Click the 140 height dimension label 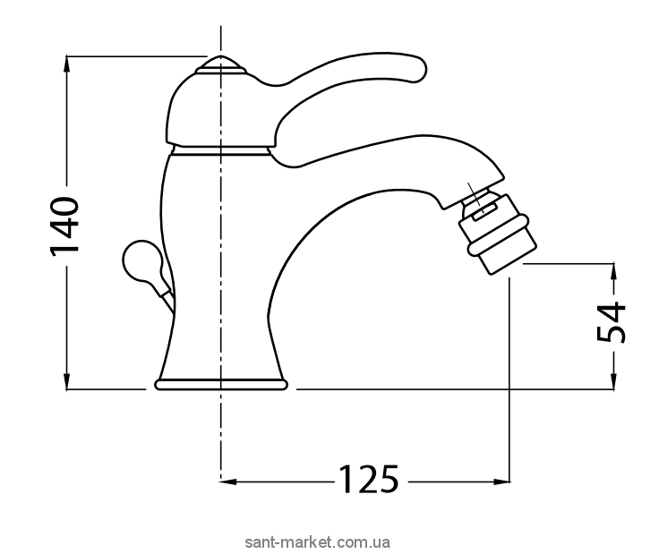(64, 226)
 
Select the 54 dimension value (612, 321)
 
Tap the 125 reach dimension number (368, 479)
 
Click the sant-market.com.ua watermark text (318, 542)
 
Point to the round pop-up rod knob (141, 261)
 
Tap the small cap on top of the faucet (220, 65)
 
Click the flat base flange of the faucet (220, 384)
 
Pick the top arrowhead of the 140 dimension (66, 63)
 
